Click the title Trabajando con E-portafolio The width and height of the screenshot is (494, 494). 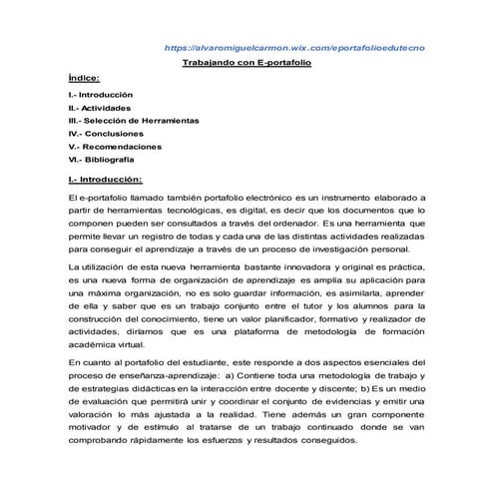pyautogui.click(x=247, y=63)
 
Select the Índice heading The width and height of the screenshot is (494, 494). pyautogui.click(x=85, y=77)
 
